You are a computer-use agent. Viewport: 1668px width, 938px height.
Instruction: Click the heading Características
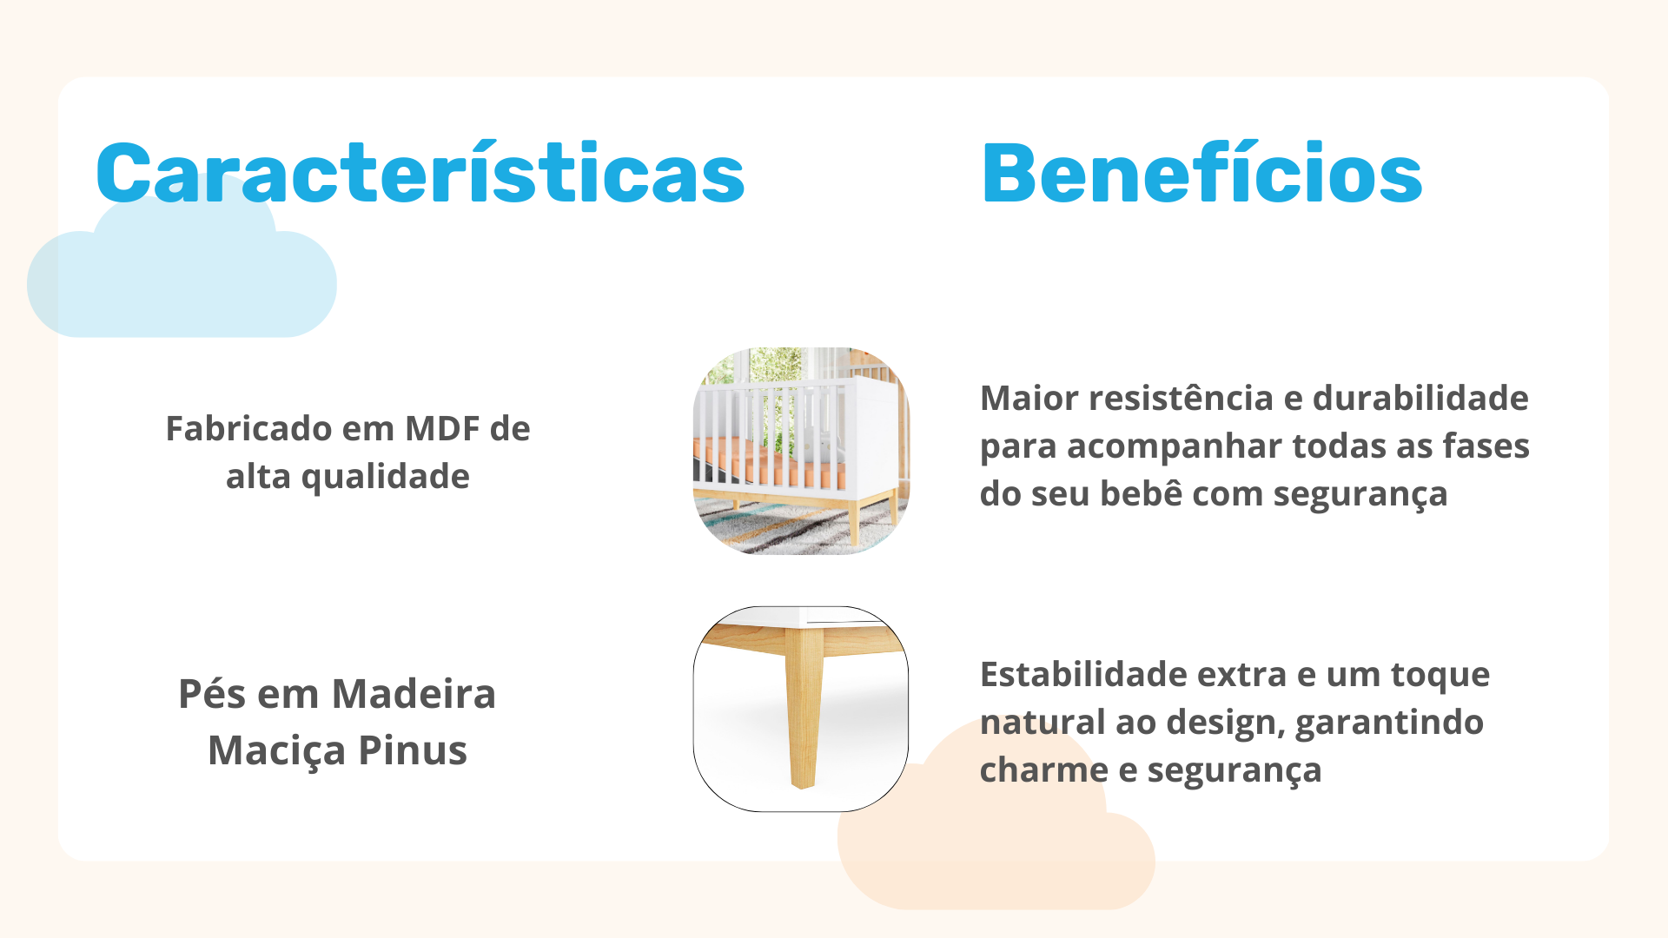[420, 173]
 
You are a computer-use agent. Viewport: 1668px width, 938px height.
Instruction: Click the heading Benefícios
[1201, 173]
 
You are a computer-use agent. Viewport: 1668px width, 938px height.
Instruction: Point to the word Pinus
[413, 750]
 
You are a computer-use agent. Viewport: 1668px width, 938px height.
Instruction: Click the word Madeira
[414, 694]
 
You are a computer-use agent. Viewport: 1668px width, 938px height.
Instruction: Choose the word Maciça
[277, 751]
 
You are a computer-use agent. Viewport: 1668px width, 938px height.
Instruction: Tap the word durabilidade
[1420, 398]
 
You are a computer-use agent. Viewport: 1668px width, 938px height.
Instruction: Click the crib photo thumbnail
[801, 451]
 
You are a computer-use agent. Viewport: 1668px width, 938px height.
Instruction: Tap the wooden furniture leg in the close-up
[804, 708]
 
